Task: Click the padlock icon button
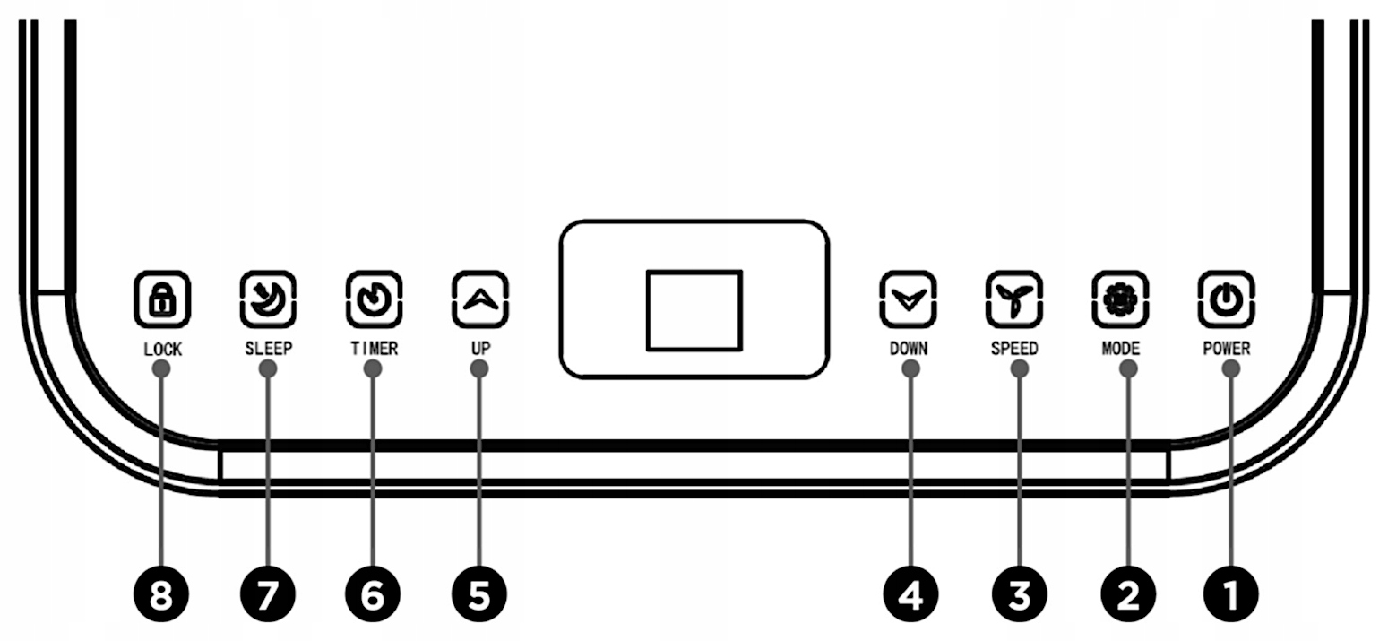tap(162, 299)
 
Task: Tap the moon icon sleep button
tap(268, 299)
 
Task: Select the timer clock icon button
tap(374, 299)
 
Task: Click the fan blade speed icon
tap(1013, 299)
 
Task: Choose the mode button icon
tap(1120, 299)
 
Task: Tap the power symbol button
tap(1226, 299)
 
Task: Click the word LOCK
tap(162, 350)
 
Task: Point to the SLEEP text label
tap(268, 349)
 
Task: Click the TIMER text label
tap(374, 349)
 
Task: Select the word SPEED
tap(1013, 349)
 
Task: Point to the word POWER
tap(1226, 349)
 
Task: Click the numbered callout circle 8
tap(161, 594)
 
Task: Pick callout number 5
tap(479, 594)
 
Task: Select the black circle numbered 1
tap(1231, 594)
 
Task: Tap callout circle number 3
tap(1019, 594)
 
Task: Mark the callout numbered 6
tap(374, 594)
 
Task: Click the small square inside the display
tap(694, 309)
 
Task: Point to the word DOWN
tap(908, 349)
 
